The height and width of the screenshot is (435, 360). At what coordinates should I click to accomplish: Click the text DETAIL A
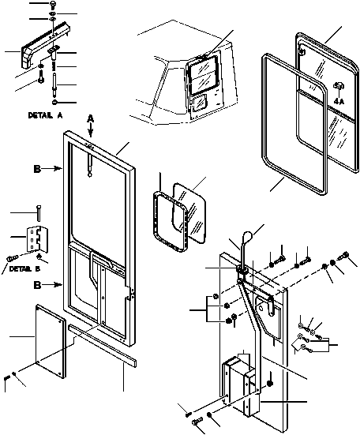coord(46,115)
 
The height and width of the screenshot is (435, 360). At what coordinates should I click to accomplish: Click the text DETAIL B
coord(24,269)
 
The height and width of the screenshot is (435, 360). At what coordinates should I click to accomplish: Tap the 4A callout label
coord(339,102)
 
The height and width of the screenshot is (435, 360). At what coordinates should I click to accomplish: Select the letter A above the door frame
coord(91,118)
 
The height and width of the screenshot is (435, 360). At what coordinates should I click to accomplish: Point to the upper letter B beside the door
coord(37,169)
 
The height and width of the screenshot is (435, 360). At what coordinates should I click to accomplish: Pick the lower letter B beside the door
coord(37,285)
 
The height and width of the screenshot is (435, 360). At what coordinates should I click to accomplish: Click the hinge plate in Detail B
coord(37,239)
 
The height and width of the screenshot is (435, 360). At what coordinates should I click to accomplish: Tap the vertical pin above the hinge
coord(39,213)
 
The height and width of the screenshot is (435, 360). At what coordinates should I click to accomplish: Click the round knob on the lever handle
coord(248,236)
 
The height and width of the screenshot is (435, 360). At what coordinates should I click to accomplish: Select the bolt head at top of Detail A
coord(52,4)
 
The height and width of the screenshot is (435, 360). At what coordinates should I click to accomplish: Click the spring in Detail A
coord(54,66)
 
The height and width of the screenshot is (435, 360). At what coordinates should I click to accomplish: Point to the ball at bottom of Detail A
coord(54,102)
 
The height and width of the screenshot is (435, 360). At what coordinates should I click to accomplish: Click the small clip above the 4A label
coord(339,86)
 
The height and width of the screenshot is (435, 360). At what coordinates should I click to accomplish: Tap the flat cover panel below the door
coord(51,341)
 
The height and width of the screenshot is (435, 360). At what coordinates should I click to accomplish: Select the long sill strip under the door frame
coord(102,345)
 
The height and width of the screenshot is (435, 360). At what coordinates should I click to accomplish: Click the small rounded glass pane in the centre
coord(189,213)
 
